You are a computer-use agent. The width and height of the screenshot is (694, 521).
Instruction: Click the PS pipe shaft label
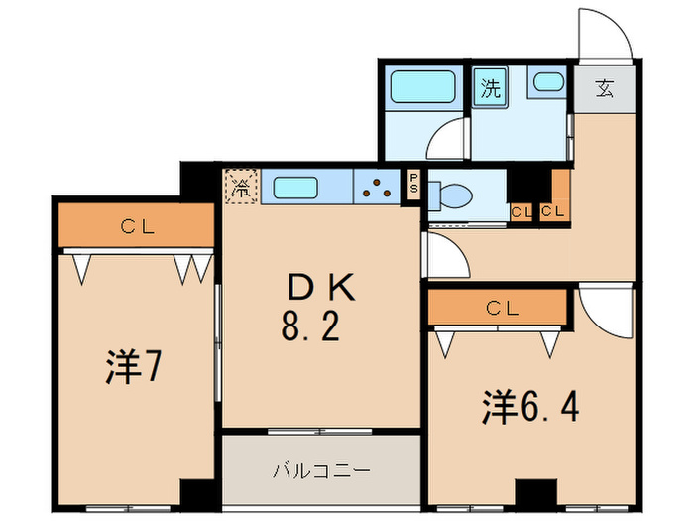413,185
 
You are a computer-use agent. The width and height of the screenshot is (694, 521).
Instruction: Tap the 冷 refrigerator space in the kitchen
241,186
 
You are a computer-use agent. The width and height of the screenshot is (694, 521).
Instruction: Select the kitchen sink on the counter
293,187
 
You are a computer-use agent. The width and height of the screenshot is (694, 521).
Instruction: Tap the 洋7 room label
133,368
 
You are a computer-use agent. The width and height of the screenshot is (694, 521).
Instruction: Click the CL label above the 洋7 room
138,226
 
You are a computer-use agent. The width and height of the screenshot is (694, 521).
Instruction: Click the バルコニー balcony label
321,469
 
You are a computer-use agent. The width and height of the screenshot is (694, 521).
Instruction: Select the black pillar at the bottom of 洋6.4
536,492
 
